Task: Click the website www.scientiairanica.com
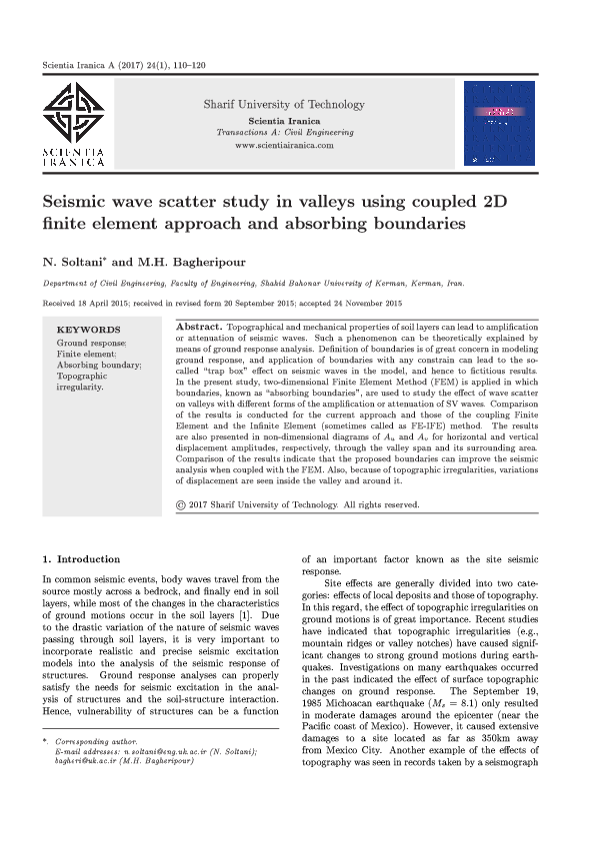284,145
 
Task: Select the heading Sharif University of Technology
284,104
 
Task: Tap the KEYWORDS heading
88,330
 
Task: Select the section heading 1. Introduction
81,559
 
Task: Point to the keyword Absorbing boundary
99,365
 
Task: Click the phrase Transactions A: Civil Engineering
284,132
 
